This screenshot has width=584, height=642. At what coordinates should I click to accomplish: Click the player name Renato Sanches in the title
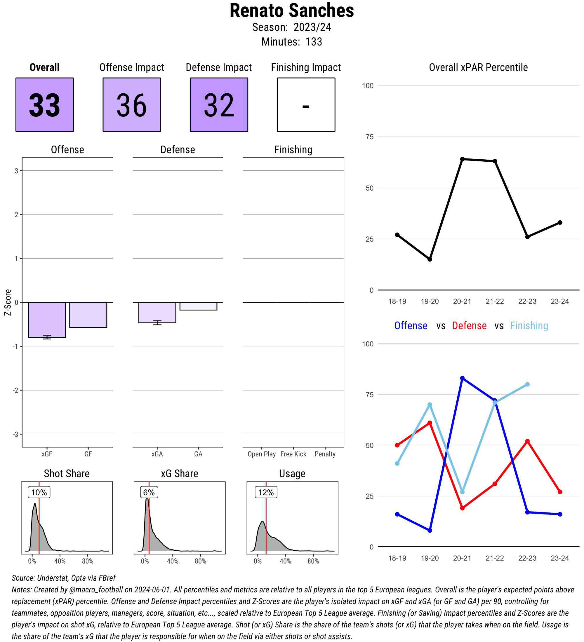(x=291, y=11)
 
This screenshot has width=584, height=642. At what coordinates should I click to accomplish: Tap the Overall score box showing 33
(x=45, y=104)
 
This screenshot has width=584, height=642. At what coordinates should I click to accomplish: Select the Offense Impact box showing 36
(x=132, y=104)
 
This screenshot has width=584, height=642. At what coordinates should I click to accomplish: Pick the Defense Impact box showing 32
(x=219, y=104)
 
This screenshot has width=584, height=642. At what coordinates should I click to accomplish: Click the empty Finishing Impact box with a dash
(x=306, y=104)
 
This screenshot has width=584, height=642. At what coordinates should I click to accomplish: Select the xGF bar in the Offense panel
(x=47, y=320)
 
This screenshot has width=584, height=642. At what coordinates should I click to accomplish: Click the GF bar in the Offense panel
(x=88, y=315)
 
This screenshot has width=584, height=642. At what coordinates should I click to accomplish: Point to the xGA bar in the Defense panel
(x=157, y=313)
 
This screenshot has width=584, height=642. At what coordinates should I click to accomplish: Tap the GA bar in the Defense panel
(x=198, y=306)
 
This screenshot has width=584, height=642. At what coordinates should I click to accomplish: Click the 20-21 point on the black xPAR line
(x=462, y=159)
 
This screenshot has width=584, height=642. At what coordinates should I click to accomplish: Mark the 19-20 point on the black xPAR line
(x=430, y=259)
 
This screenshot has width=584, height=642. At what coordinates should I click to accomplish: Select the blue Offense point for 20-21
(x=462, y=378)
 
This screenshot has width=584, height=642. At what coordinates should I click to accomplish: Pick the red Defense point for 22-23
(x=527, y=441)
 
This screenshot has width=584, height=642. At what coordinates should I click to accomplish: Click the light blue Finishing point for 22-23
(x=527, y=384)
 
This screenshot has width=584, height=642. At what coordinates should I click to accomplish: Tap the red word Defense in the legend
(x=469, y=325)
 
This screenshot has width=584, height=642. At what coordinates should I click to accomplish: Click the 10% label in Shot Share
(x=39, y=492)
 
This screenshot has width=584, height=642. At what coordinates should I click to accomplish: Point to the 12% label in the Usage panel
(x=266, y=492)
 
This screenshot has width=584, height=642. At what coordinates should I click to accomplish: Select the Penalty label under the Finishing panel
(x=325, y=454)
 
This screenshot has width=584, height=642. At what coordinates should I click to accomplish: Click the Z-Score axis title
(x=8, y=302)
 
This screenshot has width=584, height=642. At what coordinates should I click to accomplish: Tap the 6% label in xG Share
(x=149, y=492)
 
